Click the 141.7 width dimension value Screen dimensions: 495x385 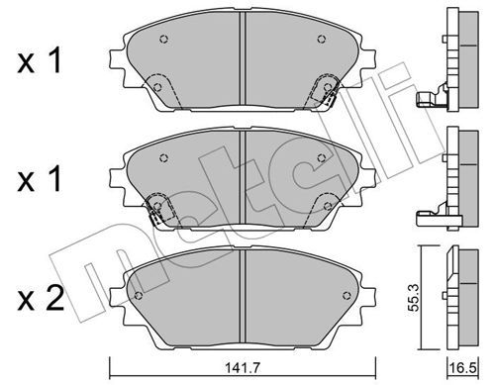243,367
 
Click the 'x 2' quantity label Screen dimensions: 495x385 41,299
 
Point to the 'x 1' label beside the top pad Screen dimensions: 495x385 40,60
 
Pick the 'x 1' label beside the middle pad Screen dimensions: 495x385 40,179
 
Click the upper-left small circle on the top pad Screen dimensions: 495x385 164,40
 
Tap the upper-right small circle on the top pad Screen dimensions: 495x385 322,40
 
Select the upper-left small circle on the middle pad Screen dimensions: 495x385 164,158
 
